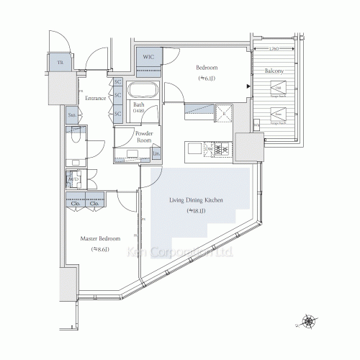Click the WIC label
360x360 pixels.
(149, 57)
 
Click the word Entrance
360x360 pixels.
(96, 97)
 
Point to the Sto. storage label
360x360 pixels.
(73, 114)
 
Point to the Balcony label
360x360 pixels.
(273, 71)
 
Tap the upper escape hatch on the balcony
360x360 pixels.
(277, 89)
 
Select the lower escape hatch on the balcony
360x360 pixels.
(277, 114)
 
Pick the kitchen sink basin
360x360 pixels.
(195, 148)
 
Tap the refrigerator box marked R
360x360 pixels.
(224, 112)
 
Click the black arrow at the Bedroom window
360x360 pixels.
(248, 88)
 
